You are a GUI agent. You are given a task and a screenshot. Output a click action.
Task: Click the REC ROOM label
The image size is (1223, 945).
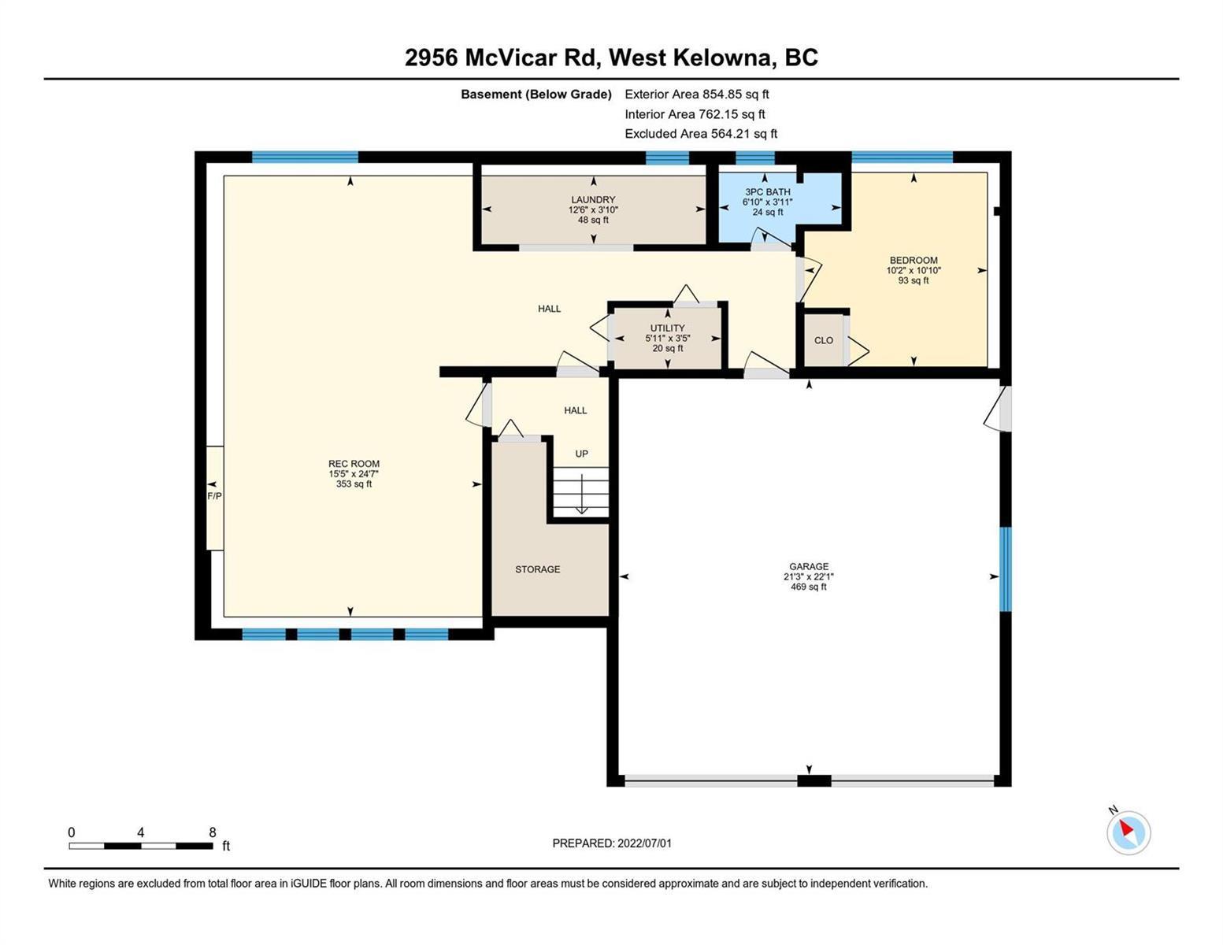354,464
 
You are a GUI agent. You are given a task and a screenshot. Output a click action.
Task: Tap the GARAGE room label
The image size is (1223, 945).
809,566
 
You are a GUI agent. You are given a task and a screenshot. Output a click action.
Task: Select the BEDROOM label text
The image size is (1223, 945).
914,260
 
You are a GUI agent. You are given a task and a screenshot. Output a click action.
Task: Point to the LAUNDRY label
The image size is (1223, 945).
593,200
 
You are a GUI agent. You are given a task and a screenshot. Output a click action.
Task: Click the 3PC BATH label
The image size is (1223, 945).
768,192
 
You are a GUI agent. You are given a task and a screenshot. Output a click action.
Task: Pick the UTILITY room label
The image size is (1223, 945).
668,328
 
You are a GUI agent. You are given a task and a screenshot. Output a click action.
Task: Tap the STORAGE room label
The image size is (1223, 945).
538,569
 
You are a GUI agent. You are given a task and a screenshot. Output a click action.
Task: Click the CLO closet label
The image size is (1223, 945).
824,340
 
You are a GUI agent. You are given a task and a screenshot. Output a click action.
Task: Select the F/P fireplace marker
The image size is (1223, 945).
214,496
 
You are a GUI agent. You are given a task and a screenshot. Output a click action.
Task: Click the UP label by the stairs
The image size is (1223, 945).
581,454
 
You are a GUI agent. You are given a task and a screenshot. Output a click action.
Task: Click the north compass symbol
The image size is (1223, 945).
1128,832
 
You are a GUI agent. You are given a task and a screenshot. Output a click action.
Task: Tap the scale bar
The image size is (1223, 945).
141,845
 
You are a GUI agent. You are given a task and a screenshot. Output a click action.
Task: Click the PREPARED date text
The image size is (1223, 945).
612,843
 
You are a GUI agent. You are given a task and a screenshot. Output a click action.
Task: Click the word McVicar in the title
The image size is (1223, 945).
510,57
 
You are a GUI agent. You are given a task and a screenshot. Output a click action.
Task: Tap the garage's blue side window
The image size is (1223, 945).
1005,569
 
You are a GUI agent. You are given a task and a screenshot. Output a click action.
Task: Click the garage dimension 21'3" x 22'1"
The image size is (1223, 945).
809,576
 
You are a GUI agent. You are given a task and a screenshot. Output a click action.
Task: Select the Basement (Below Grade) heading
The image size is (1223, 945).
536,94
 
